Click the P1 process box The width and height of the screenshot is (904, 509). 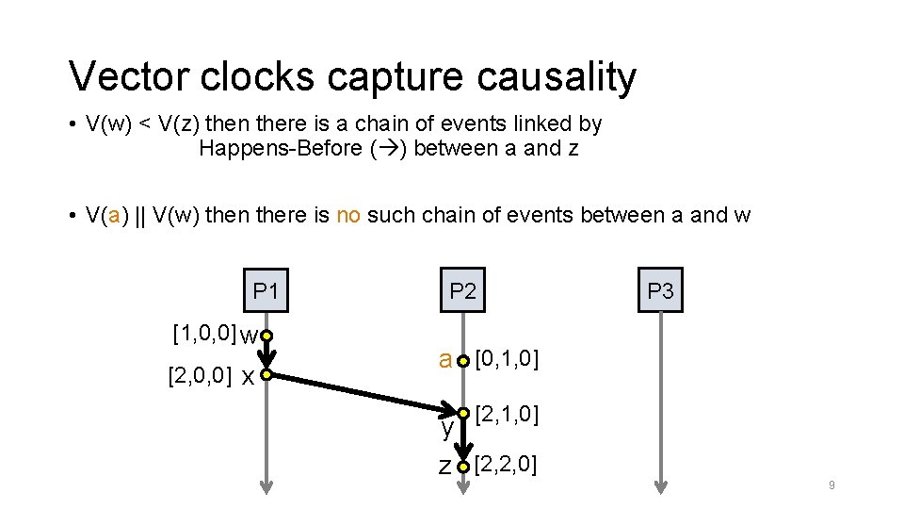pyautogui.click(x=266, y=291)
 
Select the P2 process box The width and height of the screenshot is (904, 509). pyautogui.click(x=462, y=291)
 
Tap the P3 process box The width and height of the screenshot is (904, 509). pyautogui.click(x=661, y=291)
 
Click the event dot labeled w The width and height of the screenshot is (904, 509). pyautogui.click(x=266, y=336)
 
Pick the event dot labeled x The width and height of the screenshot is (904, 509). pyautogui.click(x=266, y=376)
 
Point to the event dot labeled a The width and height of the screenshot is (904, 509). pyautogui.click(x=463, y=360)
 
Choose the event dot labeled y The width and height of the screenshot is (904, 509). pyautogui.click(x=463, y=413)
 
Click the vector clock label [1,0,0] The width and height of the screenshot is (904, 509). pyautogui.click(x=204, y=333)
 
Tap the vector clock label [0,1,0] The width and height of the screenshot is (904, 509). pyautogui.click(x=507, y=358)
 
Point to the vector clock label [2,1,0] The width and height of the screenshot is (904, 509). pyautogui.click(x=507, y=412)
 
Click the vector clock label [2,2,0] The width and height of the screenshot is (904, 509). pyautogui.click(x=507, y=464)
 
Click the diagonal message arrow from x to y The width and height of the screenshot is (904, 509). pyautogui.click(x=363, y=393)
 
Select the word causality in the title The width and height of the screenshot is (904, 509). pyautogui.click(x=557, y=77)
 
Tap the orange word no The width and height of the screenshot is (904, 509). pyautogui.click(x=348, y=215)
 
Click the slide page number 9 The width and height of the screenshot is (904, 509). pyautogui.click(x=831, y=485)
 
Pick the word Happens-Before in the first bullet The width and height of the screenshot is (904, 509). pyautogui.click(x=279, y=148)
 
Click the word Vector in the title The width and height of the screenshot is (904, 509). pyautogui.click(x=122, y=77)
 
